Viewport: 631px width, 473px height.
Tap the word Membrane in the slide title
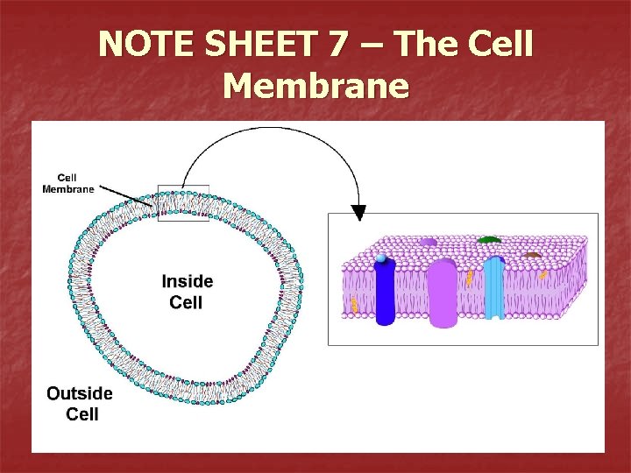pyautogui.click(x=315, y=86)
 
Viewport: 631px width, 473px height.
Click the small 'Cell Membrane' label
pyautogui.click(x=67, y=183)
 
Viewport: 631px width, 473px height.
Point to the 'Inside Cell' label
pyautogui.click(x=187, y=292)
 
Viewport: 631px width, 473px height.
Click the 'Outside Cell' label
pyautogui.click(x=80, y=403)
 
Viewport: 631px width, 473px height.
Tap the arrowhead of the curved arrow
pyautogui.click(x=358, y=213)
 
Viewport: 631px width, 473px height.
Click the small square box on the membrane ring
pyautogui.click(x=183, y=202)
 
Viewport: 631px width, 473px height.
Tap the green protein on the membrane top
pyautogui.click(x=489, y=238)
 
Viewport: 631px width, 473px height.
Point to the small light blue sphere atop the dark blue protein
pyautogui.click(x=381, y=258)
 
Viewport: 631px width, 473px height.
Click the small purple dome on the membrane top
pyautogui.click(x=429, y=242)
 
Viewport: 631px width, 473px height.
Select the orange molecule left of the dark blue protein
pyautogui.click(x=354, y=304)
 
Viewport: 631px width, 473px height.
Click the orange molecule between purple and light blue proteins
pyautogui.click(x=470, y=279)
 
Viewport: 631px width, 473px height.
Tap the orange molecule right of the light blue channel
pyautogui.click(x=543, y=276)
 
